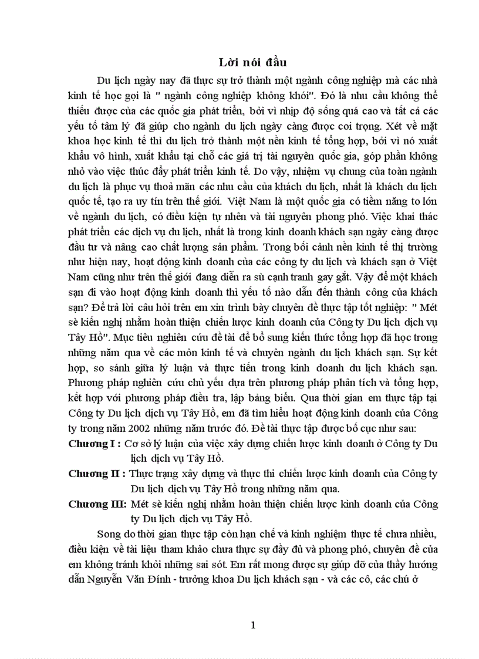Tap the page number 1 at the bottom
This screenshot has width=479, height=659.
[253, 625]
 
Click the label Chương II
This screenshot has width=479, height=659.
[96, 473]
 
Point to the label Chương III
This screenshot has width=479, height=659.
[97, 503]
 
